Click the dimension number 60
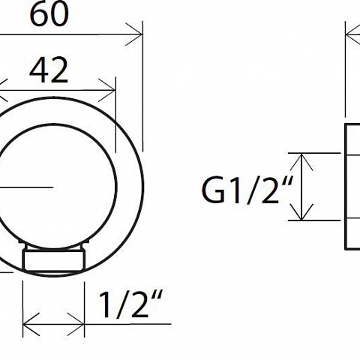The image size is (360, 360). (49, 13)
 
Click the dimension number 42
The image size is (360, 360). (49, 70)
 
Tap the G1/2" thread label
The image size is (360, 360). (247, 190)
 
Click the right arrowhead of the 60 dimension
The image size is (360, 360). (135, 34)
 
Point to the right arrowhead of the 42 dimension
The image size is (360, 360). (108, 90)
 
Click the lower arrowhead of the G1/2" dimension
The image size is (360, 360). (301, 212)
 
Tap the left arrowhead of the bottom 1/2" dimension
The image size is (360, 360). (31, 324)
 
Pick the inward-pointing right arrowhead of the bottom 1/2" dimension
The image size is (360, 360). (76, 324)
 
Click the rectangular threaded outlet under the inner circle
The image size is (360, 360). (55, 259)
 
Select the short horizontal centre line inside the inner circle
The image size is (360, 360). (26, 187)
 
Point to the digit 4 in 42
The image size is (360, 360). (38, 70)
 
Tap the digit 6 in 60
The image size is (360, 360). (39, 14)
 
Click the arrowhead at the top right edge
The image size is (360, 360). (352, 35)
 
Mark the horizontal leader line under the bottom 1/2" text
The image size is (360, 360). (128, 324)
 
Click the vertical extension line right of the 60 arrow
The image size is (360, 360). (142, 86)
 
